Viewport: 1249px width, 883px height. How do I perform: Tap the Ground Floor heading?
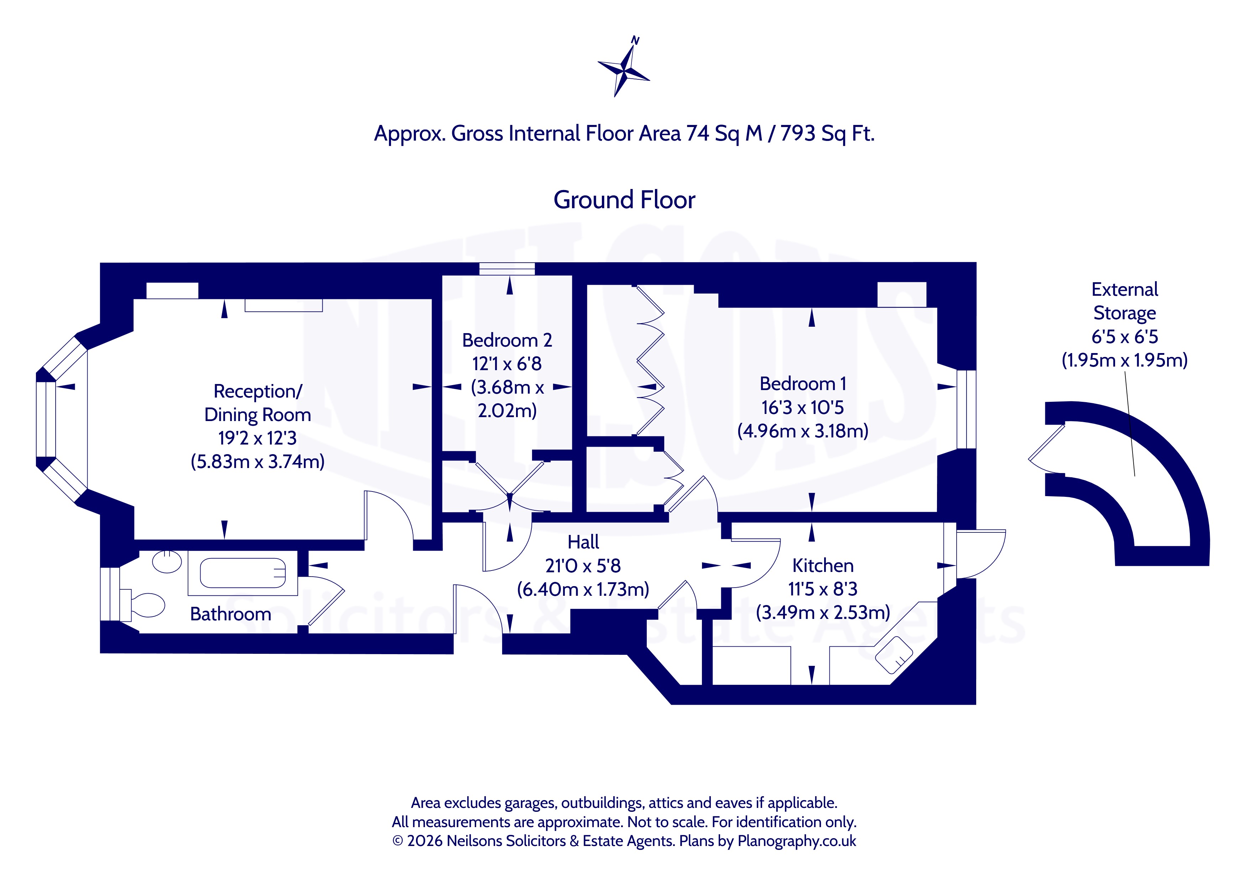(624, 200)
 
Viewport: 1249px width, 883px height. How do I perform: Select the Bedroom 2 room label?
(507, 340)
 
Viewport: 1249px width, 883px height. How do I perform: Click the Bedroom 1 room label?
(803, 384)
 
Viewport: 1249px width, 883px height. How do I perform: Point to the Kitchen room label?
(822, 566)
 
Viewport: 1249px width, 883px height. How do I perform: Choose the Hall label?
(583, 542)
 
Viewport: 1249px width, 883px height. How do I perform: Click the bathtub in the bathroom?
(243, 573)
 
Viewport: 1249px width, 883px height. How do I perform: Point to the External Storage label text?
(1124, 301)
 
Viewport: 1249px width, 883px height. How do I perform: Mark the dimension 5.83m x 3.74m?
(258, 462)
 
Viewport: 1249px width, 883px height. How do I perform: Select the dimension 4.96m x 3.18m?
(803, 431)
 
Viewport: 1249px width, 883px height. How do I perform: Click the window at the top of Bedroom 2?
(507, 269)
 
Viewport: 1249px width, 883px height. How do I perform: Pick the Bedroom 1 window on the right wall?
(966, 409)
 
